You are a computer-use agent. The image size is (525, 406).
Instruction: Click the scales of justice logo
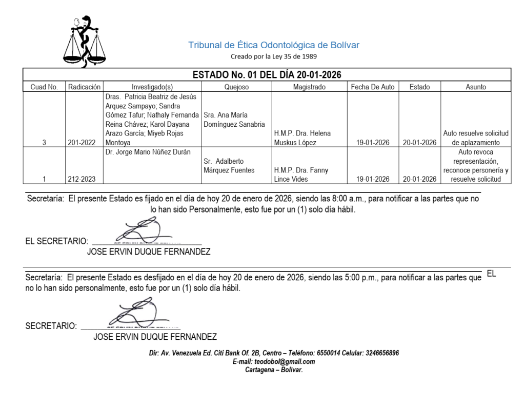[85, 42]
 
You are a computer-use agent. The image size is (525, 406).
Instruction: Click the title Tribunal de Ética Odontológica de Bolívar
[274, 45]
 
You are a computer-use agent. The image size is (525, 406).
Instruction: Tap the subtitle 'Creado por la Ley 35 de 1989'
[273, 56]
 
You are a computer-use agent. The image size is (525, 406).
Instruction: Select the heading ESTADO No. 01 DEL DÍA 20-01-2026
[267, 75]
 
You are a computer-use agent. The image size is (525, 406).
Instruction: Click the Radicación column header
[84, 87]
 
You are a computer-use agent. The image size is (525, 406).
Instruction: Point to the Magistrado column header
[309, 87]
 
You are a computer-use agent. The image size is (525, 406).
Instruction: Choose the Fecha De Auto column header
[373, 87]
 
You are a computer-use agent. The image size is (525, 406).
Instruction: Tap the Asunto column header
[475, 87]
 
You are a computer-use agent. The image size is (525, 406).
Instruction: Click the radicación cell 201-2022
[82, 143]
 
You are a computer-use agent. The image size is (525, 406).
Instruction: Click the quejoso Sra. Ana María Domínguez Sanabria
[234, 120]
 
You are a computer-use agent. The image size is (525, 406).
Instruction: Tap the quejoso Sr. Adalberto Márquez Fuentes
[229, 165]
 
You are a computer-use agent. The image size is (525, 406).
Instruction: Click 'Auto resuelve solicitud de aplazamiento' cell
[476, 138]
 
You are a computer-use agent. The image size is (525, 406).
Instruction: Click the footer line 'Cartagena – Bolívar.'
[274, 370]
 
